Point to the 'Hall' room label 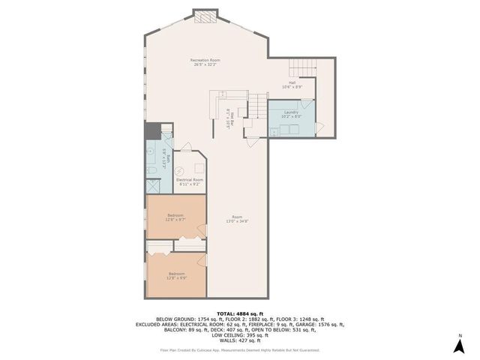pyautogui.click(x=292, y=85)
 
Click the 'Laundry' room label pyautogui.click(x=291, y=114)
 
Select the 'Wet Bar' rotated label pyautogui.click(x=229, y=119)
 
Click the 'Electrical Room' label pyautogui.click(x=189, y=181)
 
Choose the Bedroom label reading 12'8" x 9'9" pyautogui.click(x=176, y=275)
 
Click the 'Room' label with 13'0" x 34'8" pyautogui.click(x=237, y=219)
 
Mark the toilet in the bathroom pyautogui.click(x=151, y=172)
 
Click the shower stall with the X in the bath pyautogui.click(x=152, y=186)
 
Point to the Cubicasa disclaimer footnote pyautogui.click(x=239, y=349)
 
